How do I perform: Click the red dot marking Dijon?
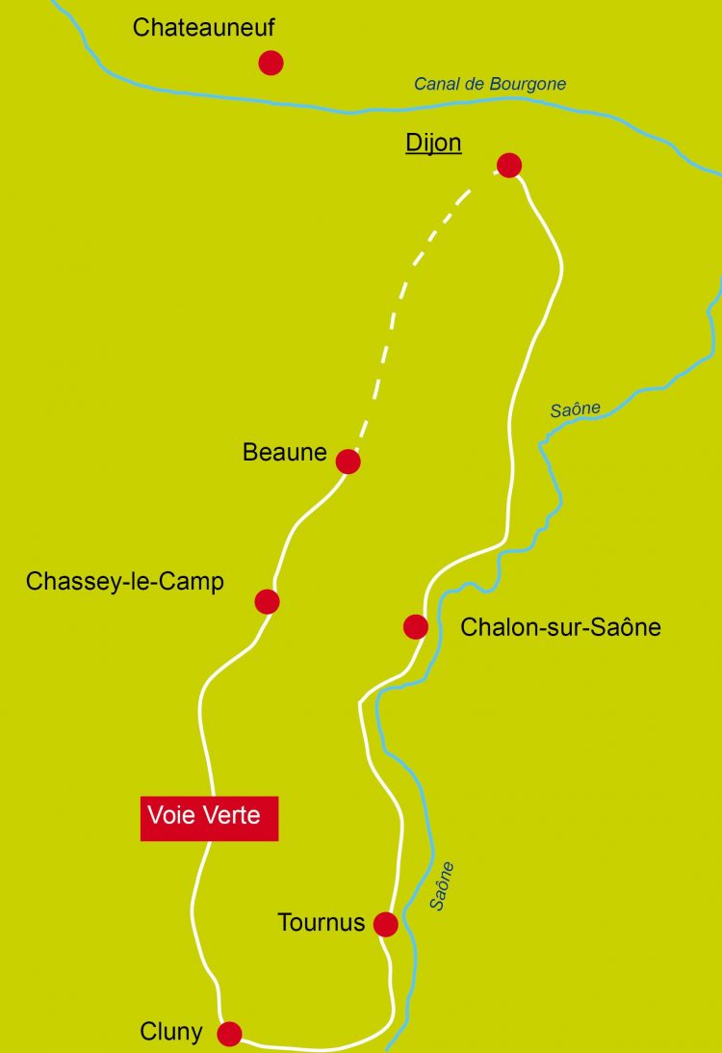[x=509, y=165]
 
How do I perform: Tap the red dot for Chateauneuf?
[x=271, y=63]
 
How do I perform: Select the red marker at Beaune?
[x=348, y=461]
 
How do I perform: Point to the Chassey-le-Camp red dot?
[x=267, y=602]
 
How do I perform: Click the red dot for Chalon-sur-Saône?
[x=416, y=627]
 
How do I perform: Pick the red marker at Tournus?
[x=386, y=925]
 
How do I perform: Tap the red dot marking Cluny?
[x=229, y=1034]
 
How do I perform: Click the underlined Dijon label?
[x=433, y=144]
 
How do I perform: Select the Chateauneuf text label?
[x=204, y=28]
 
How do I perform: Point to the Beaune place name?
[x=285, y=452]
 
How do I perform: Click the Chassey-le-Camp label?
[x=125, y=582]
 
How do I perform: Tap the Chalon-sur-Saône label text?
[x=560, y=627]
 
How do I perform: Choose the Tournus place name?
[x=322, y=923]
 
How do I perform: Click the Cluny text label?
[x=171, y=1033]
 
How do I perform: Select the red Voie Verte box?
[x=209, y=818]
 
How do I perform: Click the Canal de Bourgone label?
[x=490, y=84]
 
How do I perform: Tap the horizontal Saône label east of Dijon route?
[x=576, y=409]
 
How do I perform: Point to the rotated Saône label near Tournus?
[x=442, y=886]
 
